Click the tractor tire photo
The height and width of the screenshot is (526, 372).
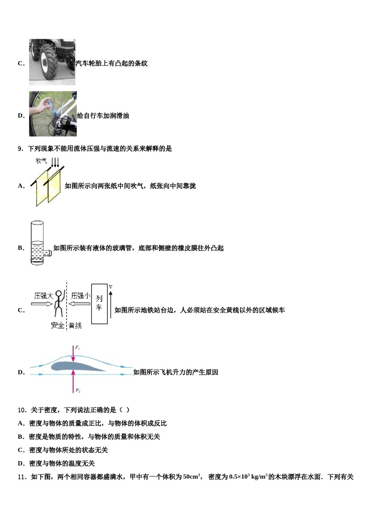[x=52, y=62]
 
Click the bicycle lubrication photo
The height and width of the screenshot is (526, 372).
[x=53, y=114]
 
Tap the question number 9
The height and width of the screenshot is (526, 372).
[x=21, y=149]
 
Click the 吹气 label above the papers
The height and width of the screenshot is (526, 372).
[x=41, y=161]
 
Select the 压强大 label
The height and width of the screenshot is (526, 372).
[x=43, y=296]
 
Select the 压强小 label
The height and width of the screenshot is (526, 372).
[x=80, y=296]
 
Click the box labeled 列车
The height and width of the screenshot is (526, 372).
[x=99, y=304]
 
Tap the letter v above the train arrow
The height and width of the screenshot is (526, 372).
[x=110, y=287]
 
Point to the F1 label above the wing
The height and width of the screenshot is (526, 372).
[x=78, y=347]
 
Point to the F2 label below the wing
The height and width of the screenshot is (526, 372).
[x=78, y=391]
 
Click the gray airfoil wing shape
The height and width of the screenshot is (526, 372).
[x=77, y=366]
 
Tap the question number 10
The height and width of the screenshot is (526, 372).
[x=22, y=410]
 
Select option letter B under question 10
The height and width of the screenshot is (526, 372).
[x=21, y=437]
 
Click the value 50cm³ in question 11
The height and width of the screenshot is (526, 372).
[x=191, y=477]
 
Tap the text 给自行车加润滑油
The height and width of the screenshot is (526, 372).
[x=103, y=116]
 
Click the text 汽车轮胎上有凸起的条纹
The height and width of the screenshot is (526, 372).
[x=112, y=63]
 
